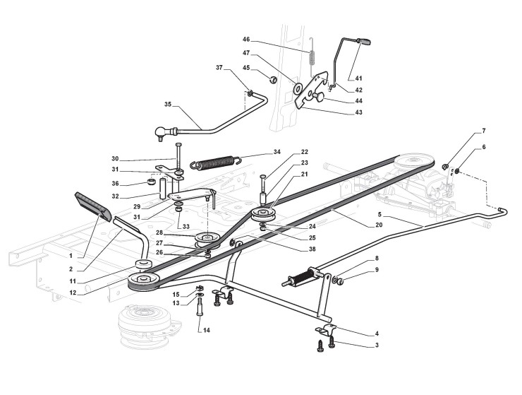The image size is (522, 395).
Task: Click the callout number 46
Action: (246, 40)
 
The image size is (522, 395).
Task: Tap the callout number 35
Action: (168, 105)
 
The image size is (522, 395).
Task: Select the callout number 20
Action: (379, 225)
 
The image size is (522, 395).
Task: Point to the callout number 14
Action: (207, 330)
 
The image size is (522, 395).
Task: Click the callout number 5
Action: (380, 213)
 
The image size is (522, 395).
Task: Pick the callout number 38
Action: (312, 249)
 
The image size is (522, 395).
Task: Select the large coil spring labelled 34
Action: (215, 162)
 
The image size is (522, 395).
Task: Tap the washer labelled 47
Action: (297, 88)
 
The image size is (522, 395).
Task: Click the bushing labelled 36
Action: (152, 182)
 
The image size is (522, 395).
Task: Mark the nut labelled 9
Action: (340, 282)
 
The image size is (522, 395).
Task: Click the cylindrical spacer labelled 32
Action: (164, 189)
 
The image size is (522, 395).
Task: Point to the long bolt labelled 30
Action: (178, 157)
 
